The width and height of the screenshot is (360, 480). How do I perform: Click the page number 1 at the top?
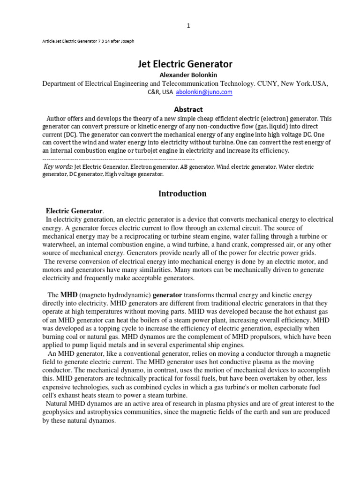point(188,26)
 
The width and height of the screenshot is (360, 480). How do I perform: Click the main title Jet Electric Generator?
point(185,64)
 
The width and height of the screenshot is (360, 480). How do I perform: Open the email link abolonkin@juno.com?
point(204,92)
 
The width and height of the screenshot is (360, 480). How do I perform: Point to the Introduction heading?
point(182,194)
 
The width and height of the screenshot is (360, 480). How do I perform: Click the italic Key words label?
point(58,167)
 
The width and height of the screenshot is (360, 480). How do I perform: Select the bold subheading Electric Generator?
point(74,211)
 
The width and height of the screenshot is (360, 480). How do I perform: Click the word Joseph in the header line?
point(126,41)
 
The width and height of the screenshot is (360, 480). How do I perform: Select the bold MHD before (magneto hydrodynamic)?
point(68,295)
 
